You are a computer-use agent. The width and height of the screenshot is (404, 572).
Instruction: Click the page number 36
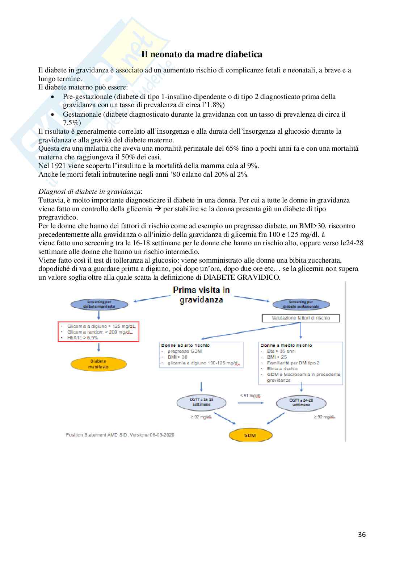pyautogui.click(x=362, y=534)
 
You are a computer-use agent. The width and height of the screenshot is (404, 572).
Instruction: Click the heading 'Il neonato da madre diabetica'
pyautogui.click(x=202, y=54)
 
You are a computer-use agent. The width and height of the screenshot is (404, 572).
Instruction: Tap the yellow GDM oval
pyautogui.click(x=250, y=435)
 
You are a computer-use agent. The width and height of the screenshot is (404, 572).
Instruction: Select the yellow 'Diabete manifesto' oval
pyautogui.click(x=98, y=364)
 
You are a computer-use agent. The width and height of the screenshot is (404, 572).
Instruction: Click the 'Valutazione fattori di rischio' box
pyautogui.click(x=301, y=318)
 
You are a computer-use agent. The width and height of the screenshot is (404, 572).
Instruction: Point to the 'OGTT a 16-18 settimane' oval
pyautogui.click(x=201, y=402)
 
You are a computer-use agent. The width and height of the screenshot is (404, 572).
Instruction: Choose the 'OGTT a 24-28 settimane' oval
pyautogui.click(x=301, y=402)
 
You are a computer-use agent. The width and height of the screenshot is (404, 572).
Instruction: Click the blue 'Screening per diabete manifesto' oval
pyautogui.click(x=99, y=304)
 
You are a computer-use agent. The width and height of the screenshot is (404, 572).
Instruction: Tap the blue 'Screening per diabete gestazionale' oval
pyautogui.click(x=301, y=304)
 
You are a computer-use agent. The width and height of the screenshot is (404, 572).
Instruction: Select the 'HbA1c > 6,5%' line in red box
pyautogui.click(x=83, y=338)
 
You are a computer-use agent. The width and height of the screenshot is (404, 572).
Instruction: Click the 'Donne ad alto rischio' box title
pyautogui.click(x=185, y=345)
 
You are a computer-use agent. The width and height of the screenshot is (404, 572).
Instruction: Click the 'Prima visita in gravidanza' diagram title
pyautogui.click(x=201, y=295)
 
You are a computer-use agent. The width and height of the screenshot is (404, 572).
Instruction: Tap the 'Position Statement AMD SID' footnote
pyautogui.click(x=120, y=435)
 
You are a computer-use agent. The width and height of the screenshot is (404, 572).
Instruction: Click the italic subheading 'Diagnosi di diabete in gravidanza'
pyautogui.click(x=90, y=192)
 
